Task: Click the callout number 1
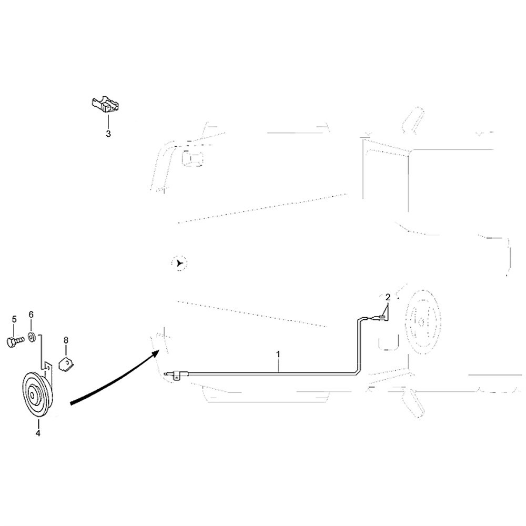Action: (278, 354)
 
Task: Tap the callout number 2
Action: (388, 297)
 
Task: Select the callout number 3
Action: (108, 134)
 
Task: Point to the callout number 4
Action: (38, 433)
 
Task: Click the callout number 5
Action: (14, 319)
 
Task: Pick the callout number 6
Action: (31, 315)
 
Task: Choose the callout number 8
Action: (66, 340)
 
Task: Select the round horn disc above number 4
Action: (37, 396)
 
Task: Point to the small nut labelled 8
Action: (67, 364)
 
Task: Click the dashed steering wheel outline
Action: (423, 321)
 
